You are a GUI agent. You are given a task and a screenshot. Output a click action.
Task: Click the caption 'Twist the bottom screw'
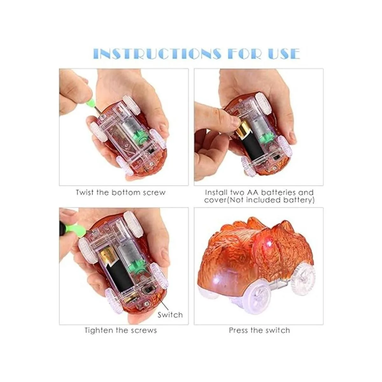pyautogui.click(x=121, y=193)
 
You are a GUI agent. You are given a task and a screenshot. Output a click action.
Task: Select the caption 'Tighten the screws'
pyautogui.click(x=121, y=330)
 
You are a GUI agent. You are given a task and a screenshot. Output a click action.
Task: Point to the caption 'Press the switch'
pyautogui.click(x=259, y=330)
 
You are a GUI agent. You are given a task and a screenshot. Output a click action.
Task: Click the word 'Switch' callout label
pyautogui.click(x=170, y=315)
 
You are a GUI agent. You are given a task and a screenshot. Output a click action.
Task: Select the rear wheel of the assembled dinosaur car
pyautogui.click(x=302, y=277)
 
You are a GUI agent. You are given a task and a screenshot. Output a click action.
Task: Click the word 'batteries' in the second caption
pyautogui.click(x=280, y=193)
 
